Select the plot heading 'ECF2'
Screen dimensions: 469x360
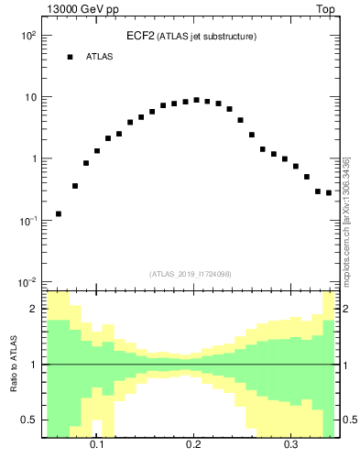pyautogui.click(x=141, y=36)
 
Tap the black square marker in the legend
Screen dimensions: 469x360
pyautogui.click(x=70, y=57)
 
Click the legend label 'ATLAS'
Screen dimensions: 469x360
pyautogui.click(x=99, y=57)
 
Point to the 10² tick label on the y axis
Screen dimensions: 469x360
pyautogui.click(x=27, y=35)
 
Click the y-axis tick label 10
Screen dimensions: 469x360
pyautogui.click(x=29, y=97)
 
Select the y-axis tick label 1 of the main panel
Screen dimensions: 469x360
pyautogui.click(x=33, y=158)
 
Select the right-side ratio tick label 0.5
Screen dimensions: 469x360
pyautogui.click(x=349, y=420)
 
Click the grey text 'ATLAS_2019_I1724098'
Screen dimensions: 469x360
pyautogui.click(x=191, y=273)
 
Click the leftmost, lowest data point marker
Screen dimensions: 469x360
pyautogui.click(x=59, y=213)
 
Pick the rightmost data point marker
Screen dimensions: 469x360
pyautogui.click(x=329, y=192)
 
